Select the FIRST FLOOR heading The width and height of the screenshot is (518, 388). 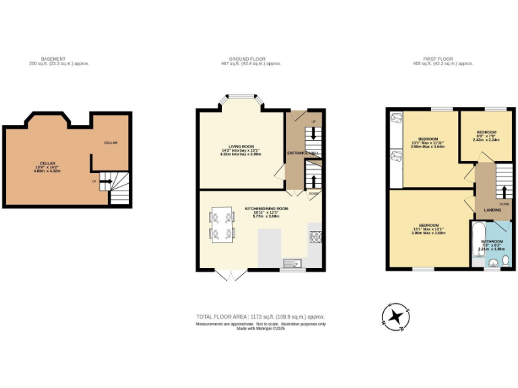pos(443,59)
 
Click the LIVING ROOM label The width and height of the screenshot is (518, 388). pos(241,146)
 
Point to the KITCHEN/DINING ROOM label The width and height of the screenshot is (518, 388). pos(260,209)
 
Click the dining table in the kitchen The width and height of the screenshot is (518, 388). pos(223,225)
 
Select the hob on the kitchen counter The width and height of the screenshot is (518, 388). pos(315,236)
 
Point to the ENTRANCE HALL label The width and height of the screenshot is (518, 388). pos(302,154)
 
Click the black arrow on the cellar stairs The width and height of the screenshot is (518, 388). pos(103,181)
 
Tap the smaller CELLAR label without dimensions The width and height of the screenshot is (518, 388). pos(111,143)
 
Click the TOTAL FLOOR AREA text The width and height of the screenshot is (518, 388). pos(260,316)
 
